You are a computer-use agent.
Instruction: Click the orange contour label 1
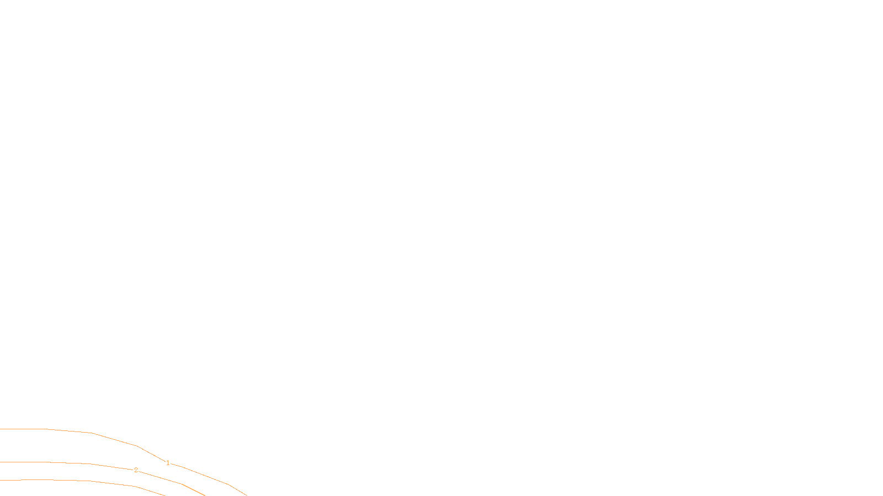point(168,463)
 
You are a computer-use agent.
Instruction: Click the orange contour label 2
point(136,470)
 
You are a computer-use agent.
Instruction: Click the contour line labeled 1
point(114,439)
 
